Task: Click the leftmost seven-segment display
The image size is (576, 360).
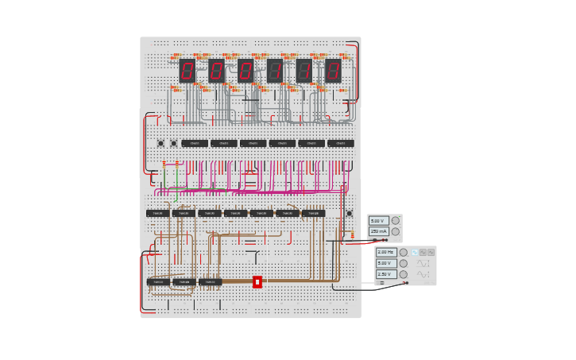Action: click(187, 71)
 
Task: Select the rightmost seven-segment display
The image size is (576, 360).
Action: click(333, 71)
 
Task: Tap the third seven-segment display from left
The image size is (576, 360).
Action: click(245, 71)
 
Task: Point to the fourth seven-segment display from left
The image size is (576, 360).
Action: click(275, 71)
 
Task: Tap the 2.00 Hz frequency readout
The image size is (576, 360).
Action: click(386, 252)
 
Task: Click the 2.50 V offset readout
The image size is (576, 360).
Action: click(386, 274)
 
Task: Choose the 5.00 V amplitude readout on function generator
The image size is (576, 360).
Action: click(386, 263)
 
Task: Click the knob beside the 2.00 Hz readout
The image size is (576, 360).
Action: click(404, 252)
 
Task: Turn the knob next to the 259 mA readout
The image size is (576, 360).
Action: click(396, 231)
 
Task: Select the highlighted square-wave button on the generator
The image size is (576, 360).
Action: click(414, 252)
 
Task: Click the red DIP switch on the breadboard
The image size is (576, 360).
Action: click(257, 281)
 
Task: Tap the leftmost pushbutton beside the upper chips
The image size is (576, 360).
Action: click(160, 143)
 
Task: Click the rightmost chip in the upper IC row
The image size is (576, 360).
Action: click(340, 143)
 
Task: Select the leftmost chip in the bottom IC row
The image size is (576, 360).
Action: click(157, 281)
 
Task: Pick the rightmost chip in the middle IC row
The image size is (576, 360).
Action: click(313, 213)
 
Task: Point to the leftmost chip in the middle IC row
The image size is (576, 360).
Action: click(157, 213)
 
